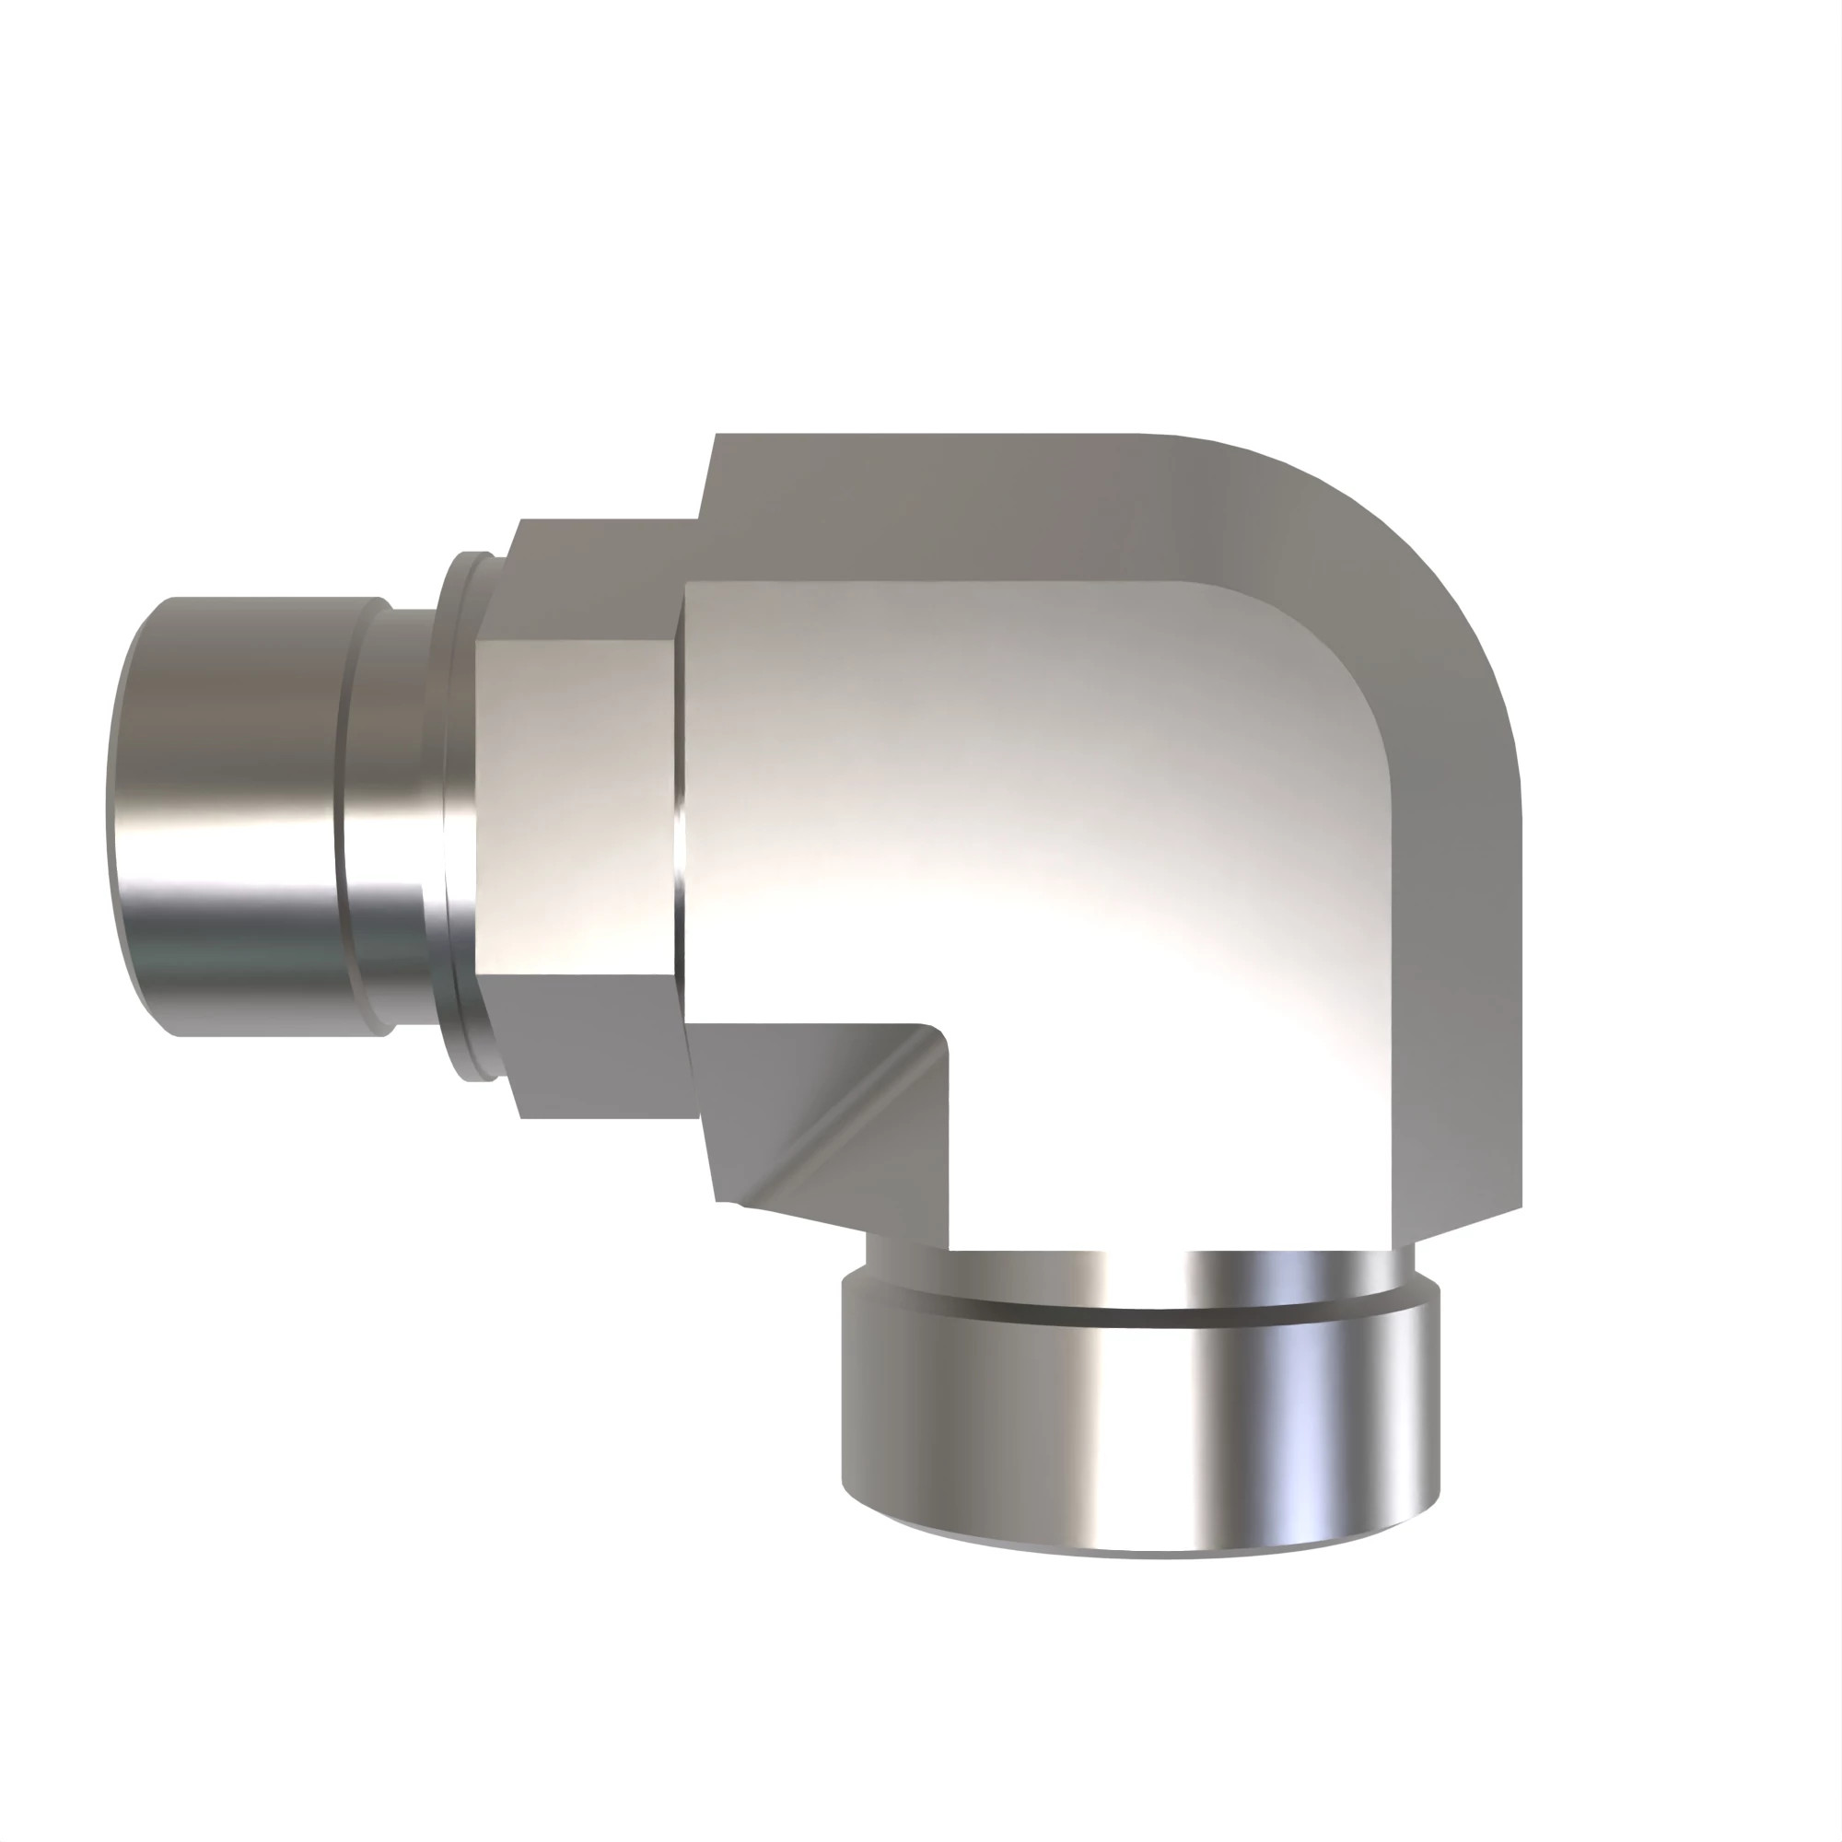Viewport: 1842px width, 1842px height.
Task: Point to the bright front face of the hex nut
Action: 576,807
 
